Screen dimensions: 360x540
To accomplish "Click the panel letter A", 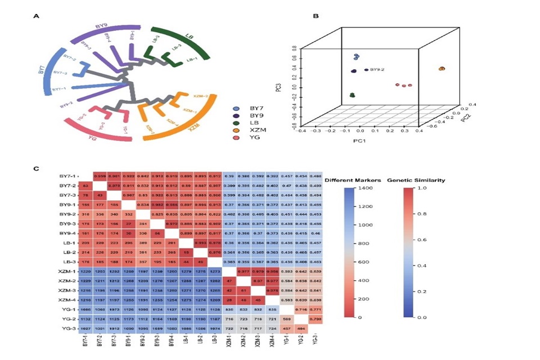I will (x=37, y=16).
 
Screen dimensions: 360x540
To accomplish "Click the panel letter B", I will (x=316, y=16).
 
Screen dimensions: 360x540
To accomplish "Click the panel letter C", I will (x=37, y=168).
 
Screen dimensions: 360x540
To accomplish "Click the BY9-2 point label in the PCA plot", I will (x=377, y=70).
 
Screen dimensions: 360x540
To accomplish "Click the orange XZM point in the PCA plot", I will (x=442, y=69).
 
